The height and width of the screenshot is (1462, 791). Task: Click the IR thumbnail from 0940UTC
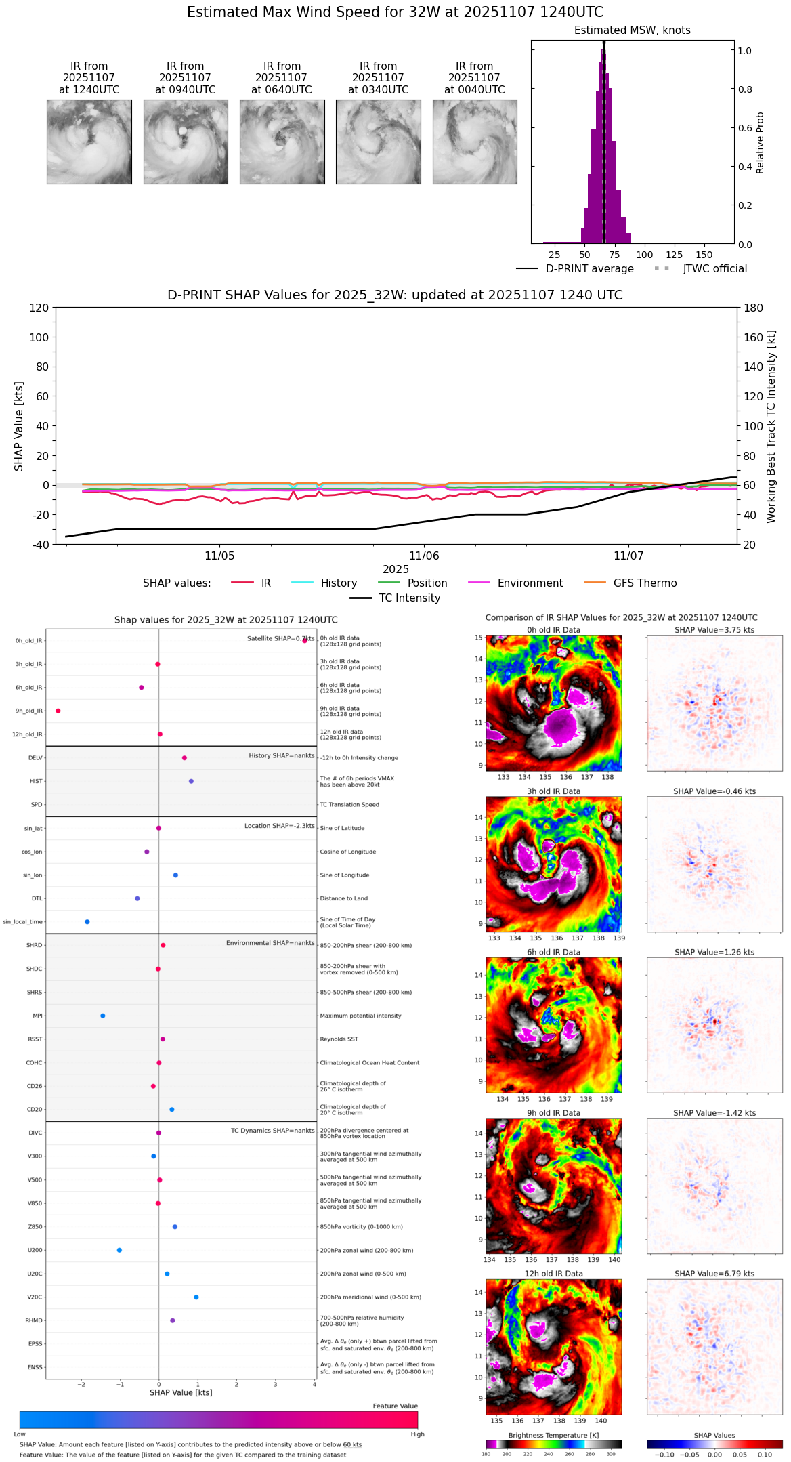point(186,142)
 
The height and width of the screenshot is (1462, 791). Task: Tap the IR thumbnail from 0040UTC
point(475,142)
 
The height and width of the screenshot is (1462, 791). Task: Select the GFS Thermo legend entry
point(645,583)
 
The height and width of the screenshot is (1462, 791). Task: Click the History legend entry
point(339,583)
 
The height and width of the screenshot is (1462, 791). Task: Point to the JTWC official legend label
point(714,269)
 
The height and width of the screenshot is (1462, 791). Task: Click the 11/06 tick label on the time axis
point(424,556)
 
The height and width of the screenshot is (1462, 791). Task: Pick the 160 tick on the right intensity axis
point(754,337)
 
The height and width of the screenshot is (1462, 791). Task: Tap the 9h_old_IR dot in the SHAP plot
point(58,711)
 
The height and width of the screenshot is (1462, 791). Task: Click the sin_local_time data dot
point(87,922)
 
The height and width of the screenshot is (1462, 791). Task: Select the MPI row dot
point(103,1016)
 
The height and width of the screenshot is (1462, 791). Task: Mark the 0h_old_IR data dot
point(305,640)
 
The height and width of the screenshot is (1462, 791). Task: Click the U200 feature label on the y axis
point(35,1251)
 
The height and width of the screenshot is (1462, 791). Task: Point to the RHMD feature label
point(34,1320)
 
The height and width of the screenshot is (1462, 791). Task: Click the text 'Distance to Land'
point(344,898)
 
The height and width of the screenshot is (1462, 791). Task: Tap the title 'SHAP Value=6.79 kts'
point(714,1274)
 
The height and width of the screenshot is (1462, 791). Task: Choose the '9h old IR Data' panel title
point(553,1113)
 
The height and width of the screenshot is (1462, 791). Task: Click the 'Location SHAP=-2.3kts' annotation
point(279,826)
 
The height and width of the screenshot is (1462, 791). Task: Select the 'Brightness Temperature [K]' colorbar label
point(553,1435)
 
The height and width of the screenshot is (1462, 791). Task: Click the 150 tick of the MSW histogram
point(704,255)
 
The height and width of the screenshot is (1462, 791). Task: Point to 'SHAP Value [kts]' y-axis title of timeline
point(19,426)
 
